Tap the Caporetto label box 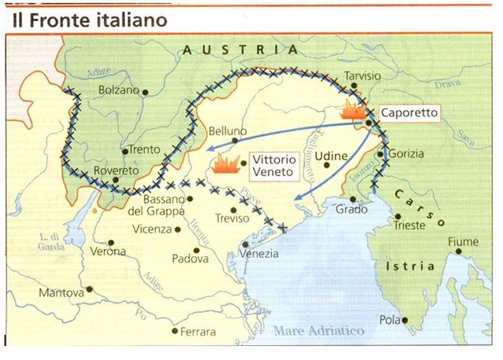(409, 112)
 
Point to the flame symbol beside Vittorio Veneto (226, 164)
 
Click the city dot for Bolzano (146, 91)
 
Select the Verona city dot (111, 243)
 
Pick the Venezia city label (259, 255)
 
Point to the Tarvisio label (362, 77)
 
